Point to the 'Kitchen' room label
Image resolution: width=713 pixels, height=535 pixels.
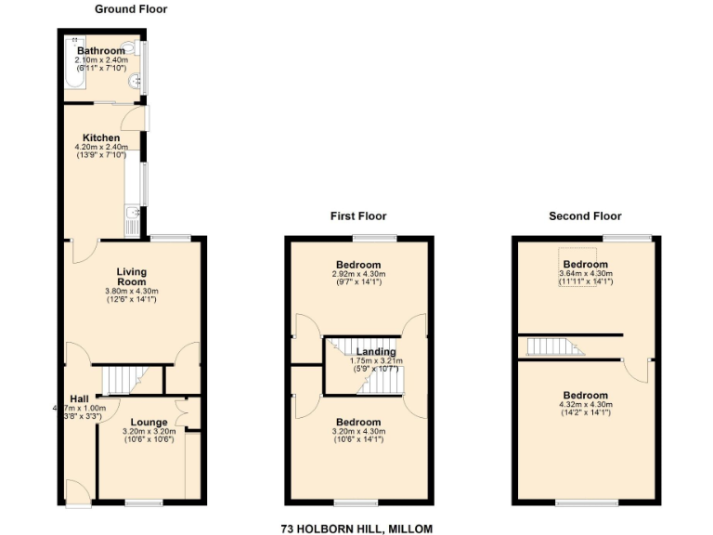point(101,137)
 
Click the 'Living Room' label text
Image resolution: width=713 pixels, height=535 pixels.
point(131,277)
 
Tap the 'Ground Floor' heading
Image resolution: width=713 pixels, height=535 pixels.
point(131,9)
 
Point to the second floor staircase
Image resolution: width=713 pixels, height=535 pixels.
point(553,347)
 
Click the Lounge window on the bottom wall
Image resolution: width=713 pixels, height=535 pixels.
point(144,502)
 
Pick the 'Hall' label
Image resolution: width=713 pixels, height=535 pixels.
point(79,398)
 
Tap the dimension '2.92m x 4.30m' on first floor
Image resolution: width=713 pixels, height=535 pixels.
point(357,274)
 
